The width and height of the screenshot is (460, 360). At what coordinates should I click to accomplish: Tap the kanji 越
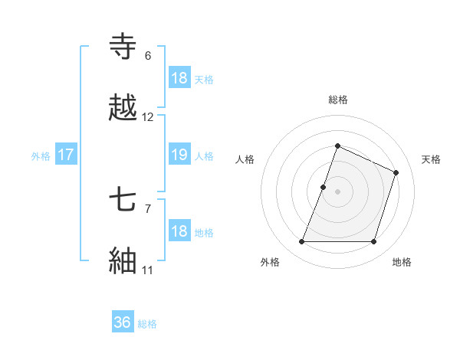[x=124, y=108]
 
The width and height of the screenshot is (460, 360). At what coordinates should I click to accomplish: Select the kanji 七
[x=124, y=201]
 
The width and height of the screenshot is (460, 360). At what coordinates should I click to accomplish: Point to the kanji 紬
[x=124, y=260]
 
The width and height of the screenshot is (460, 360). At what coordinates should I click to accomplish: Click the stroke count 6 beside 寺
[x=148, y=56]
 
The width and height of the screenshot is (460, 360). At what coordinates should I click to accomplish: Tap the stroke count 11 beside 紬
[x=148, y=270]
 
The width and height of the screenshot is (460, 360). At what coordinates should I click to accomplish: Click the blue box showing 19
[x=179, y=155]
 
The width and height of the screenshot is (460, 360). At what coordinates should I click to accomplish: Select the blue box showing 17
[x=65, y=155]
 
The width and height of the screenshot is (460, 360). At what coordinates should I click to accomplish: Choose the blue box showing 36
[x=123, y=322]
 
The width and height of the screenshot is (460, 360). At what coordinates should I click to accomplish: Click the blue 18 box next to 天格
[x=179, y=78]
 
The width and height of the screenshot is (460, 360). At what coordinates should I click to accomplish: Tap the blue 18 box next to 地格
[x=179, y=231]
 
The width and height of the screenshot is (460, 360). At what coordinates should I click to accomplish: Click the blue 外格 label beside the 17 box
[x=41, y=155]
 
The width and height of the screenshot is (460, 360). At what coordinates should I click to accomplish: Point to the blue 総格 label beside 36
[x=147, y=324]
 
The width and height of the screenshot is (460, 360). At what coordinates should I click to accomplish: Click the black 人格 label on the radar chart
[x=245, y=159]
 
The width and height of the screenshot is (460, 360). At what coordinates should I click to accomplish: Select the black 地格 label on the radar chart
[x=402, y=262]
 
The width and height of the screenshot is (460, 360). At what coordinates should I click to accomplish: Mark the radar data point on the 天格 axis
[x=396, y=172]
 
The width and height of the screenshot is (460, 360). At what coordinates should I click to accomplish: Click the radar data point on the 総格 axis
[x=337, y=146]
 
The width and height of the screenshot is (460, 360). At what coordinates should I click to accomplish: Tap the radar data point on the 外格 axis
[x=301, y=242]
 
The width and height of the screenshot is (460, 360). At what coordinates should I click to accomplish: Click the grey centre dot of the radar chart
[x=337, y=191]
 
